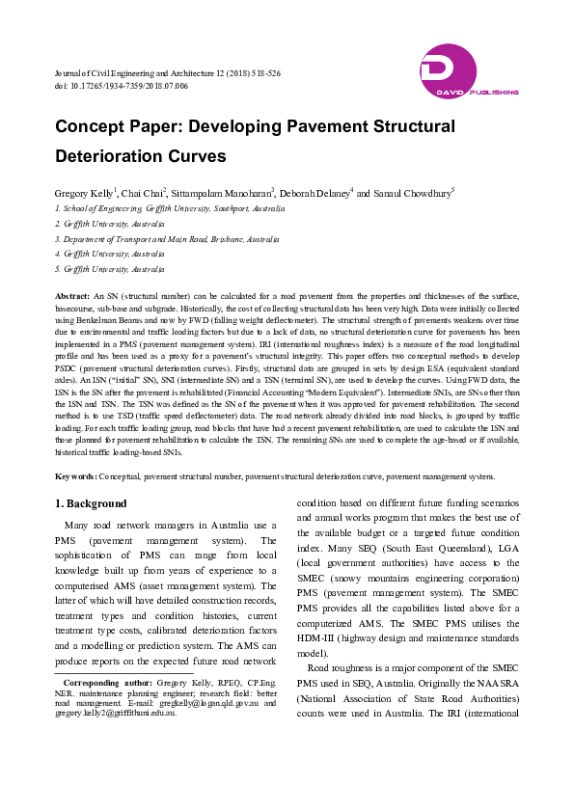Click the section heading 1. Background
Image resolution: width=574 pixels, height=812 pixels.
[x=91, y=503]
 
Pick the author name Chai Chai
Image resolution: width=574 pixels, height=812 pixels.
[x=143, y=193]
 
